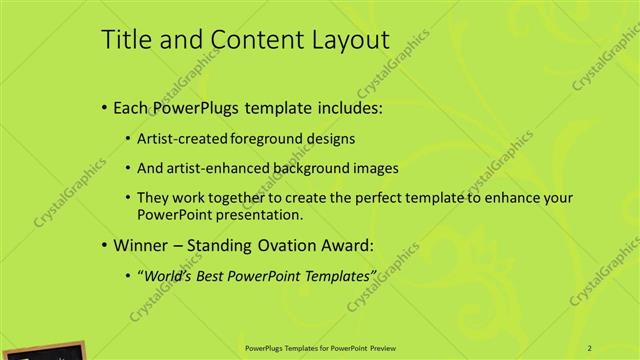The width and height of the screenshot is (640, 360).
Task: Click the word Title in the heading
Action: click(x=128, y=40)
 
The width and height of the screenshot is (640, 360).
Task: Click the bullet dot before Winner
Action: click(x=106, y=245)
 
